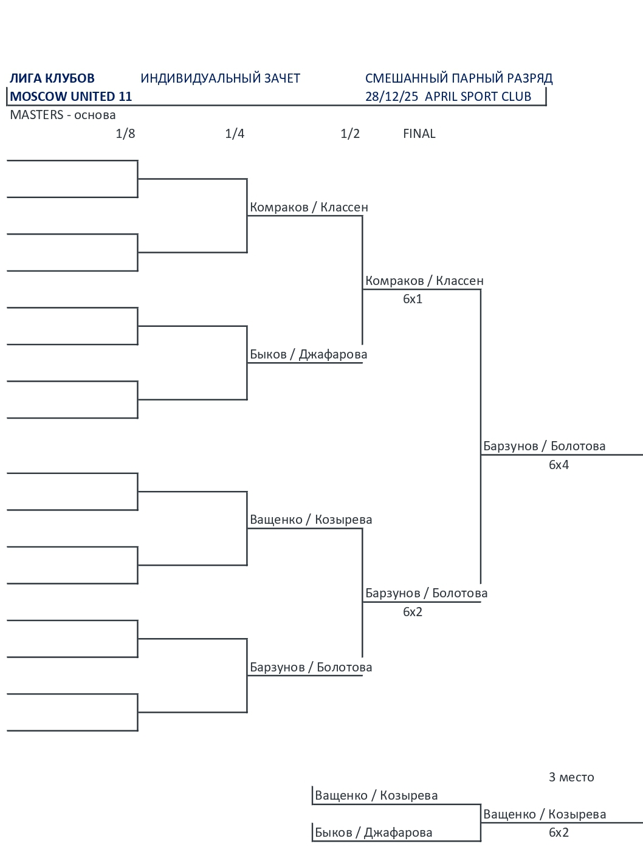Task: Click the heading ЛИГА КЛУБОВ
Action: (x=52, y=78)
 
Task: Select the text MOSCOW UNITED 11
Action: (x=71, y=97)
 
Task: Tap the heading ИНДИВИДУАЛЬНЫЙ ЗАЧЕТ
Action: (x=220, y=78)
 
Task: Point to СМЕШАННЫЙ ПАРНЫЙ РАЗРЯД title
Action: (x=459, y=78)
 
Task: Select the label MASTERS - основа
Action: (x=63, y=115)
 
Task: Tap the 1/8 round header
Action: (x=125, y=134)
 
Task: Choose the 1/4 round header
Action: (x=235, y=134)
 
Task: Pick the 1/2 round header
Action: (x=350, y=134)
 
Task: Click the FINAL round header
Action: (x=419, y=134)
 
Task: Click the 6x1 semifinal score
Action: (x=412, y=299)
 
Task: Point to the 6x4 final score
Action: (x=559, y=465)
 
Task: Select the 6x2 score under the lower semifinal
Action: (x=412, y=612)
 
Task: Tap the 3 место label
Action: (x=571, y=777)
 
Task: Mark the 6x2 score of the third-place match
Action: (x=559, y=832)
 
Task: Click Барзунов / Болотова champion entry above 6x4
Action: (x=544, y=446)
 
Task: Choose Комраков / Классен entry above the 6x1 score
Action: (x=424, y=281)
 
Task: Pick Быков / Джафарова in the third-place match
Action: (x=373, y=832)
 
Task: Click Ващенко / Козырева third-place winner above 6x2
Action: (x=544, y=814)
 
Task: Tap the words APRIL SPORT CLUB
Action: (x=478, y=97)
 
